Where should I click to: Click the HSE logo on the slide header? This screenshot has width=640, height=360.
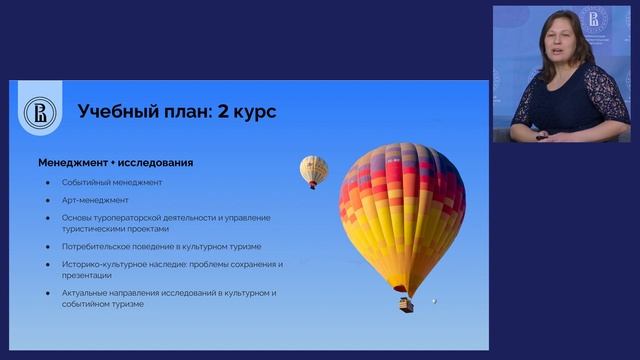(x=42, y=112)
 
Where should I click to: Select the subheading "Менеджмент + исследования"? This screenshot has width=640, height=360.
(x=116, y=162)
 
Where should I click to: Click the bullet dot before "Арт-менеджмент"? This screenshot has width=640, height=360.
(x=48, y=200)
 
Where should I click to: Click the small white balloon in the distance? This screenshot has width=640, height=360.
(x=314, y=169)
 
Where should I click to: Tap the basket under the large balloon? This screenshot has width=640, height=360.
(x=406, y=303)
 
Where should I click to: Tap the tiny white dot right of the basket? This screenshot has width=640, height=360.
(x=434, y=300)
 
